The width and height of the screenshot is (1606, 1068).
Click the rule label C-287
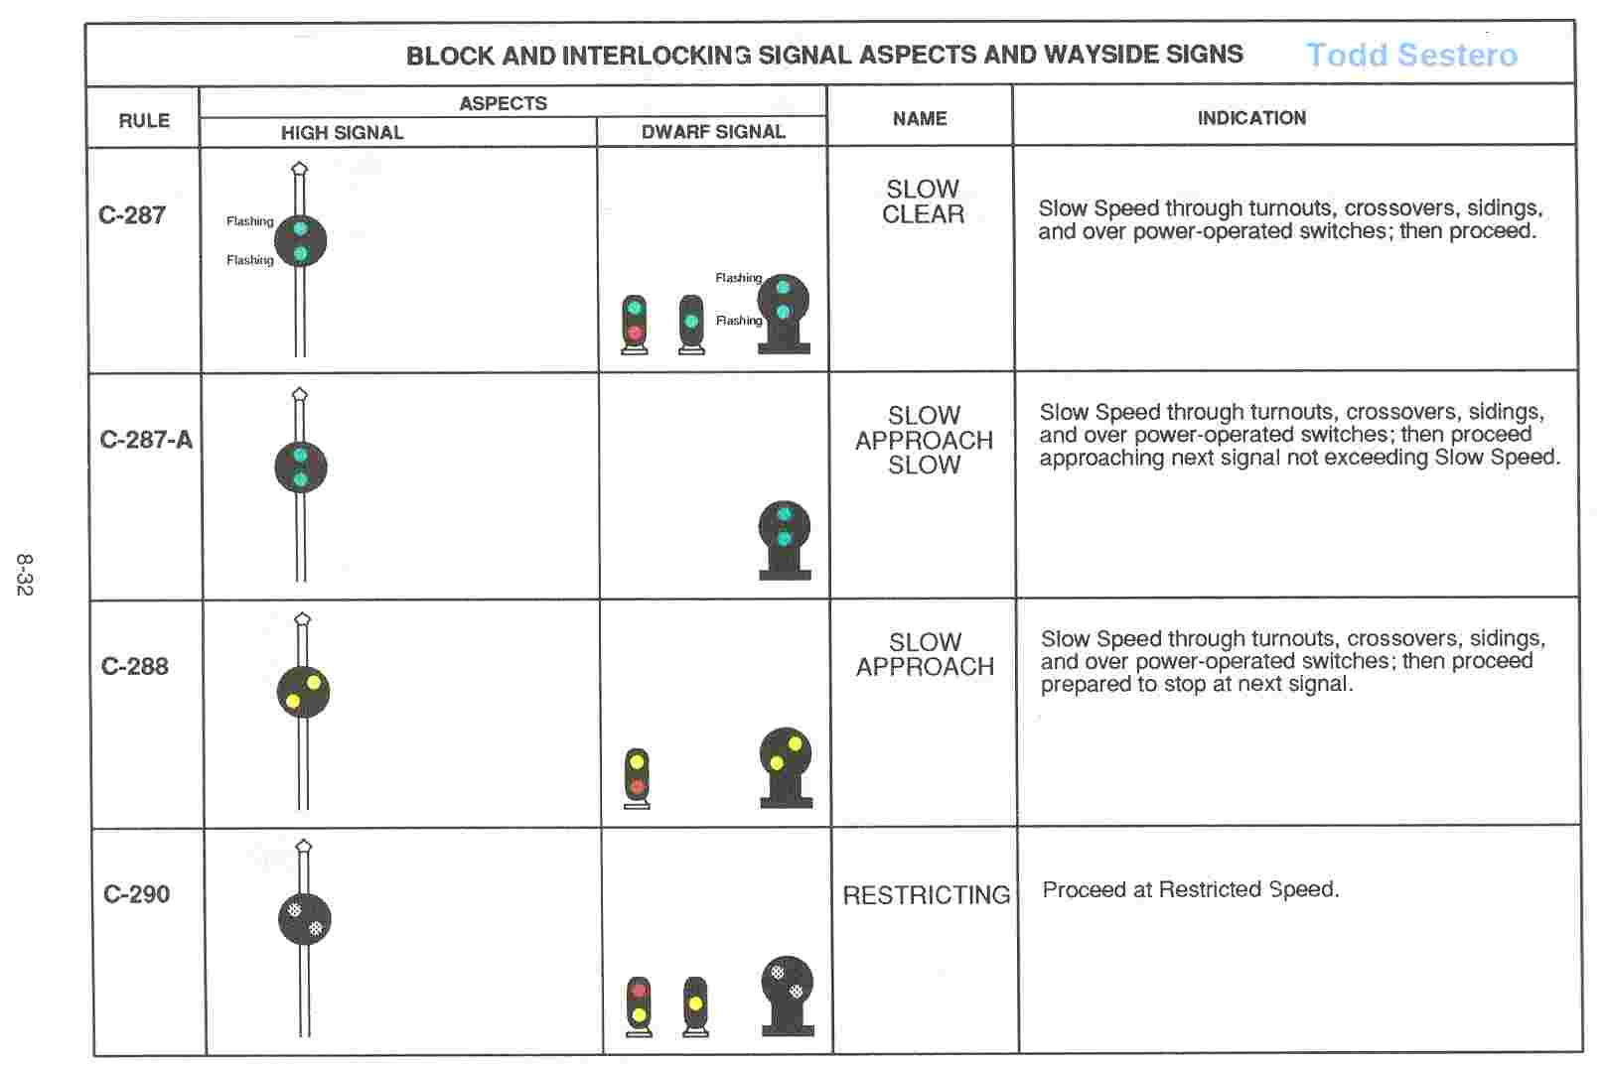pos(132,215)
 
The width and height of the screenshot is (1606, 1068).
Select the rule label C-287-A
pos(146,440)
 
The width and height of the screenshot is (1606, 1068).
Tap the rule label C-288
pos(135,666)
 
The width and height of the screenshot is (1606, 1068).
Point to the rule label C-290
pos(137,894)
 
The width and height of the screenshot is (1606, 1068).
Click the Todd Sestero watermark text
pos(1411,55)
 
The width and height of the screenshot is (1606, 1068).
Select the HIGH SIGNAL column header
pos(342,132)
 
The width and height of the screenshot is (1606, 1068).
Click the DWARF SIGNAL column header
pos(713,131)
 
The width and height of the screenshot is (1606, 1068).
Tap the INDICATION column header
pos(1251,118)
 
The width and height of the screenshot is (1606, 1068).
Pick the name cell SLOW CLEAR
pos(923,201)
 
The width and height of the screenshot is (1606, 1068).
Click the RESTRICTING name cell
pos(926,895)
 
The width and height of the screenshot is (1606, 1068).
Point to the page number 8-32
pos(25,575)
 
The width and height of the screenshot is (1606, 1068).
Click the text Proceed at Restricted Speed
pos(1190,889)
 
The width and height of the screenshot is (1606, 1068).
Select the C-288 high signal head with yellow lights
pos(303,692)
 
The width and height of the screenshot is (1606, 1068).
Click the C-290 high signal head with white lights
pos(305,919)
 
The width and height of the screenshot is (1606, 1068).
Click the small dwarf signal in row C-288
pos(637,777)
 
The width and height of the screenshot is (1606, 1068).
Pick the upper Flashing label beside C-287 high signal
pos(249,221)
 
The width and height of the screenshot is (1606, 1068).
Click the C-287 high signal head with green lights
pos(300,241)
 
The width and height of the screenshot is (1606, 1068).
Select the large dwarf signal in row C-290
pos(788,993)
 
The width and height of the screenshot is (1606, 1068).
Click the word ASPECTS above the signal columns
pos(503,103)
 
